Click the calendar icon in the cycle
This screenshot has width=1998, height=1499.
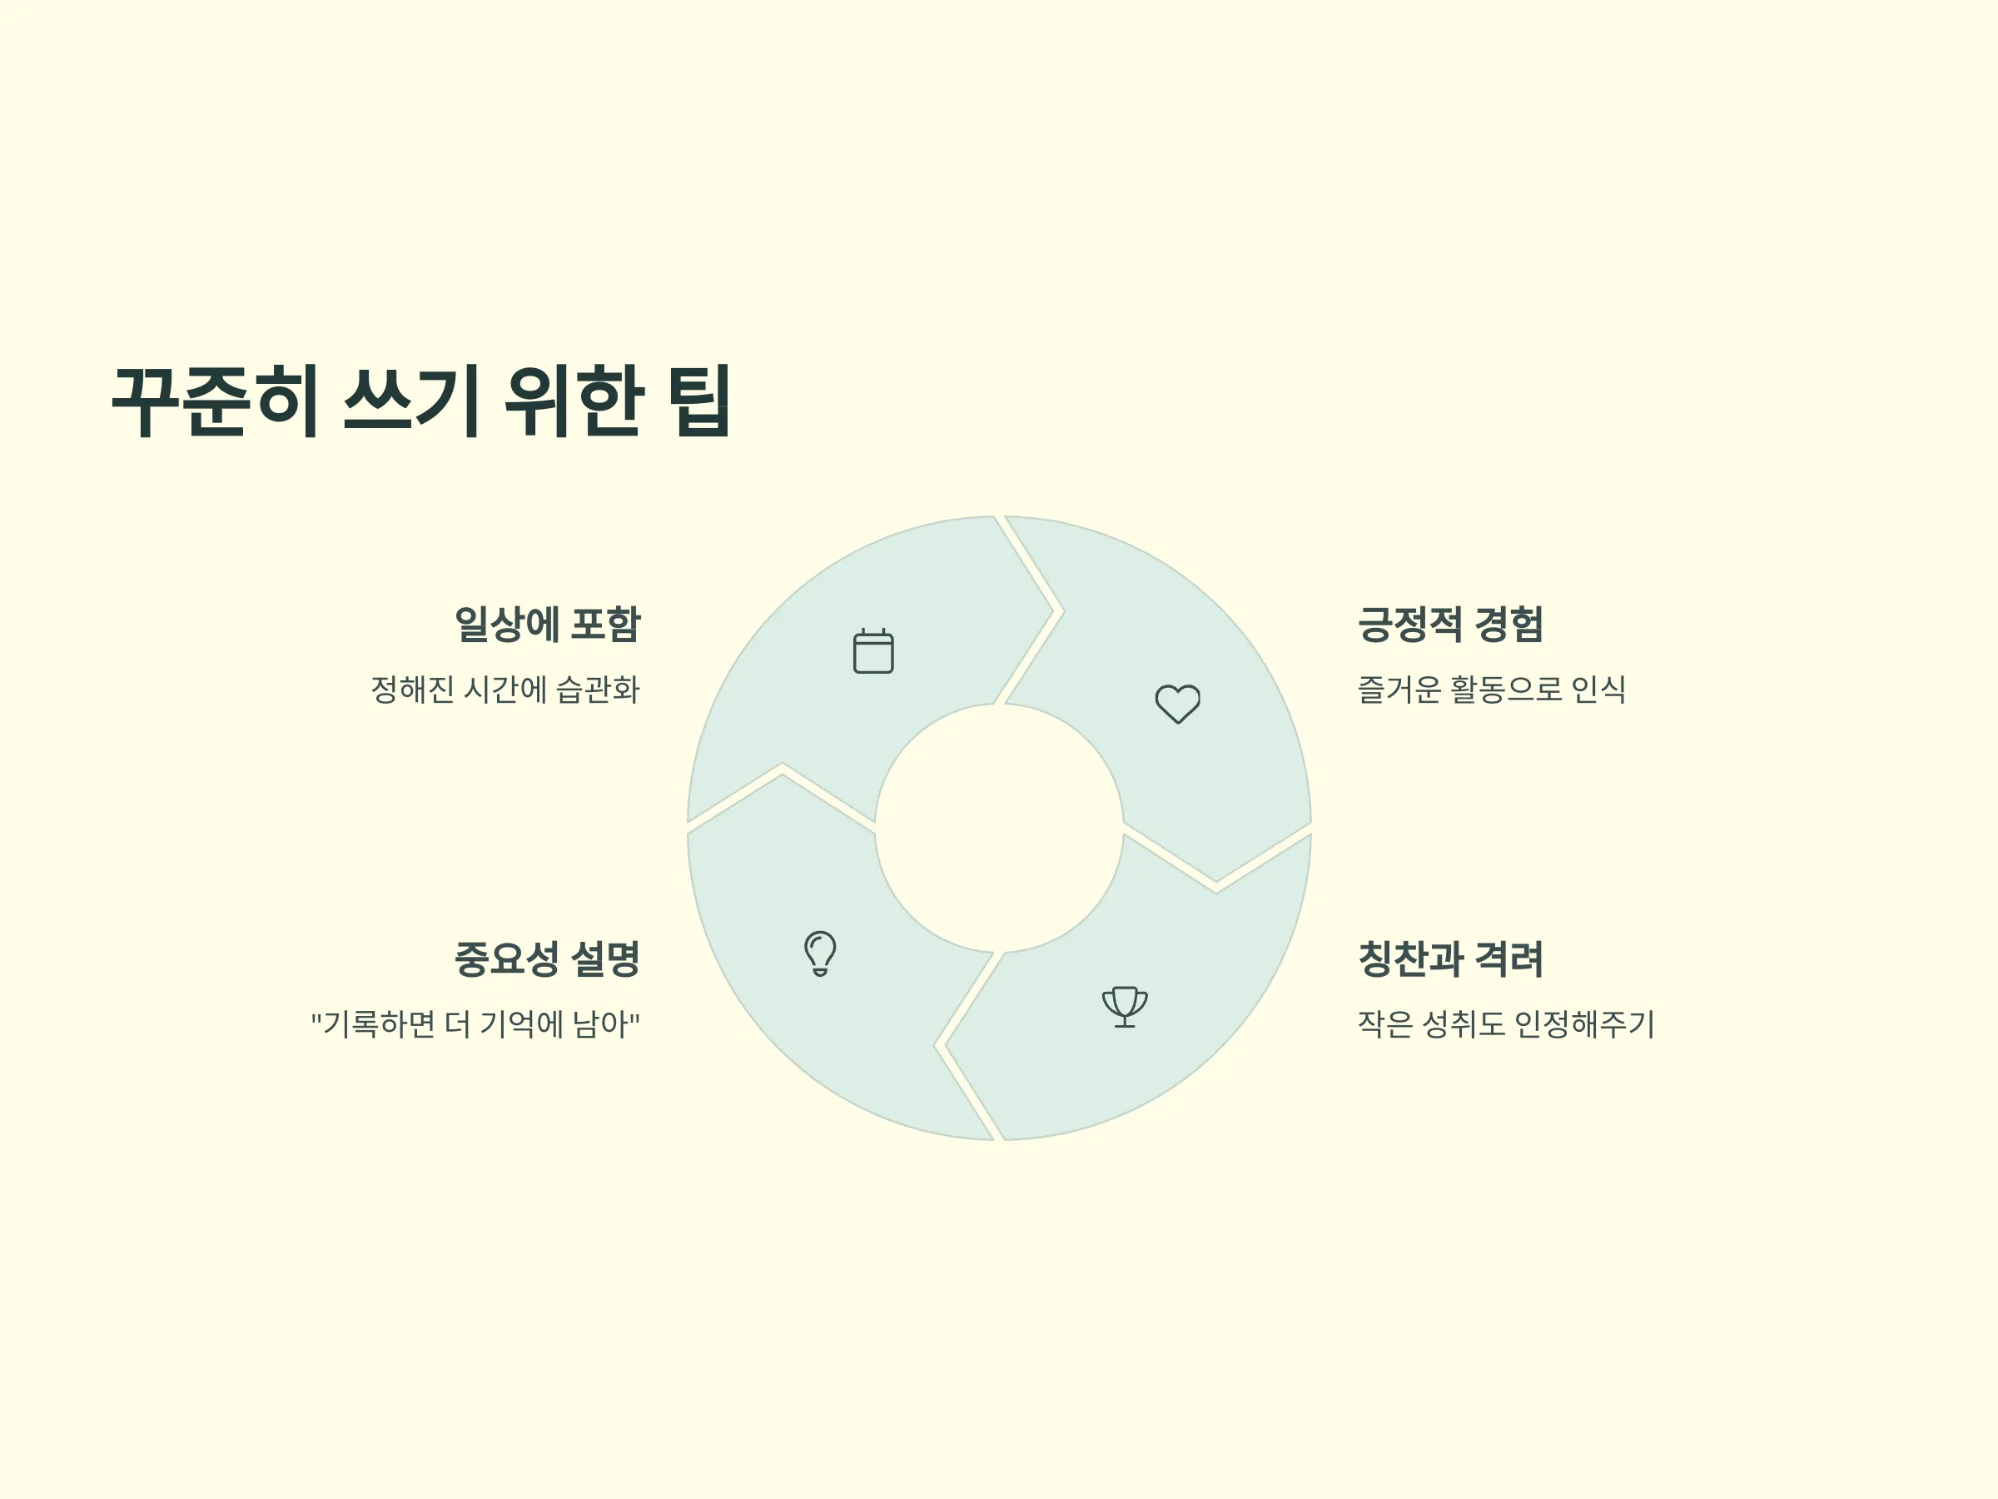tap(873, 650)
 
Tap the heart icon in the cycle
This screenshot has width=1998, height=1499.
tap(1178, 704)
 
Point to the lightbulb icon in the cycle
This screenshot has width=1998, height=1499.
tap(820, 954)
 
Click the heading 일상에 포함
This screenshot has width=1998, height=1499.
tap(548, 625)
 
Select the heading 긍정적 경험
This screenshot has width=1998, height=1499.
tap(1450, 625)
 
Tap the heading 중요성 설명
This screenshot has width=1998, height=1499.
tap(548, 959)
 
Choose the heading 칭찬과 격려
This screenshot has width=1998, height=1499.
tap(1450, 959)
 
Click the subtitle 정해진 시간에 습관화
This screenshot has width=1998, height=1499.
tap(505, 690)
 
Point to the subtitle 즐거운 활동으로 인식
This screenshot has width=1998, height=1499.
tap(1491, 690)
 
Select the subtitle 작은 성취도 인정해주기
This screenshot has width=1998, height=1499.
tap(1506, 1023)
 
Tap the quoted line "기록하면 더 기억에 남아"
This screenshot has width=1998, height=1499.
tap(475, 1023)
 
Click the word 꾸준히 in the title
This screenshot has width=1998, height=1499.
tap(215, 401)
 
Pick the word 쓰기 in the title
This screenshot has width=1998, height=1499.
tap(411, 401)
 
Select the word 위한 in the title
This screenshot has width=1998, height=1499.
tap(574, 401)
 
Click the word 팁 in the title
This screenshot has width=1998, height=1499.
tap(698, 401)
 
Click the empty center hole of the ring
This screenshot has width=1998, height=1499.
tap(999, 828)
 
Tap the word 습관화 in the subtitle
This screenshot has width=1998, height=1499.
tap(597, 690)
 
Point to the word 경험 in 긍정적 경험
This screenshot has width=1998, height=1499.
tap(1508, 625)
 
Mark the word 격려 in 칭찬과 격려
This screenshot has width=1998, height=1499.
tap(1508, 959)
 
